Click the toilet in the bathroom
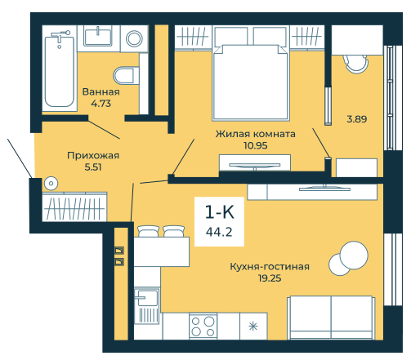coord(126,75)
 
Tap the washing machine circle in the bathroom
coord(134,38)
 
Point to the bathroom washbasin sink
coord(98,37)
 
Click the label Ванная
coord(101,92)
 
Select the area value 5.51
coord(93,167)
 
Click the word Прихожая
coord(93,156)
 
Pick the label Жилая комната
coord(255,134)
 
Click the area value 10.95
coord(256,145)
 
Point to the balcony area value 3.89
coord(357,119)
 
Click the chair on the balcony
coord(355,64)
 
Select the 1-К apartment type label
coord(219,212)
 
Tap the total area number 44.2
coord(219,232)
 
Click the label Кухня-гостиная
coord(270,267)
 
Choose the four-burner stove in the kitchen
coord(203,326)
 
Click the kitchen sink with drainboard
coord(147,305)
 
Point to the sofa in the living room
coord(331,318)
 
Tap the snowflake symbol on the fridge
coord(253,326)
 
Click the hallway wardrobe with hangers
coord(74,207)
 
